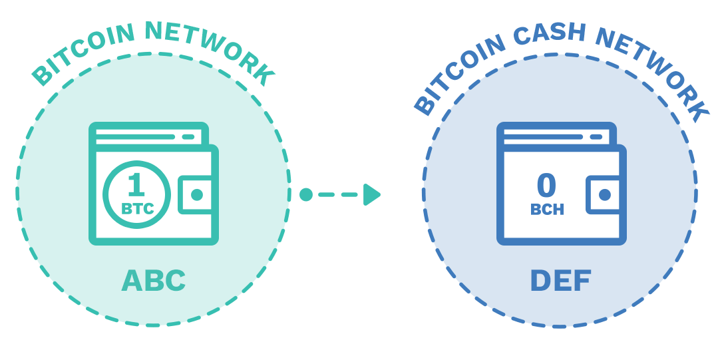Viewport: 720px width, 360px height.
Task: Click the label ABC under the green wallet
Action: coord(153,281)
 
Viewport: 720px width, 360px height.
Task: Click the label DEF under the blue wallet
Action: coord(560,281)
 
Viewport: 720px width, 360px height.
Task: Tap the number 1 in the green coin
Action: coord(136,184)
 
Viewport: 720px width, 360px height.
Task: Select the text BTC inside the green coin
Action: coord(138,208)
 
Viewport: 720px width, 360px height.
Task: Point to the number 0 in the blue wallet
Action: coord(546,186)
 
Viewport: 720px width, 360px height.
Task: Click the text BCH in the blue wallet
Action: coord(547,210)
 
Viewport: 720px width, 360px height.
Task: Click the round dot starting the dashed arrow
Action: coord(305,194)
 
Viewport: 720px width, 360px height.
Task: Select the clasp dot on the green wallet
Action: coord(197,195)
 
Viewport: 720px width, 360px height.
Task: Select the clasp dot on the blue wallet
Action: coord(604,195)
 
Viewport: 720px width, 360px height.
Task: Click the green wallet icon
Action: coord(153,183)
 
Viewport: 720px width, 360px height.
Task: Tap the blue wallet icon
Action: coord(560,183)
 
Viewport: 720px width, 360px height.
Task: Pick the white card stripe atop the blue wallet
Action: coord(552,136)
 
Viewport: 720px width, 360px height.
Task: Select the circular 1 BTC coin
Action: coord(136,194)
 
